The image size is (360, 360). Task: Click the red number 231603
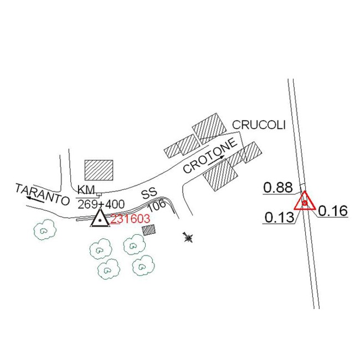pos(130,219)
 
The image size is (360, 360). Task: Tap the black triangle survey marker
pos(99,219)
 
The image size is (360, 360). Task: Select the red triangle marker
pos(304,202)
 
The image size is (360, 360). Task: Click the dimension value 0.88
pos(277,187)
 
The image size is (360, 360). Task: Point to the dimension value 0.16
pos(332,211)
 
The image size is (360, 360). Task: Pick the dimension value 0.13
pos(279,218)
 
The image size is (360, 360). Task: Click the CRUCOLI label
pos(259,125)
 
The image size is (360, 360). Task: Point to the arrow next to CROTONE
pos(218,159)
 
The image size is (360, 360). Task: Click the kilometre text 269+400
pos(101,204)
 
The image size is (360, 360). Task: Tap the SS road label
pos(149,194)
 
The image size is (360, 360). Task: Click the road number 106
pos(157,205)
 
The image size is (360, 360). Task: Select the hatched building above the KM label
pos(99,170)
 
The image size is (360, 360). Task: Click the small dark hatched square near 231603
pos(148,230)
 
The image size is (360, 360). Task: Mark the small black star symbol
pos(188,238)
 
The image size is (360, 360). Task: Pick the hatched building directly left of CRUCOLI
pos(210,127)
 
